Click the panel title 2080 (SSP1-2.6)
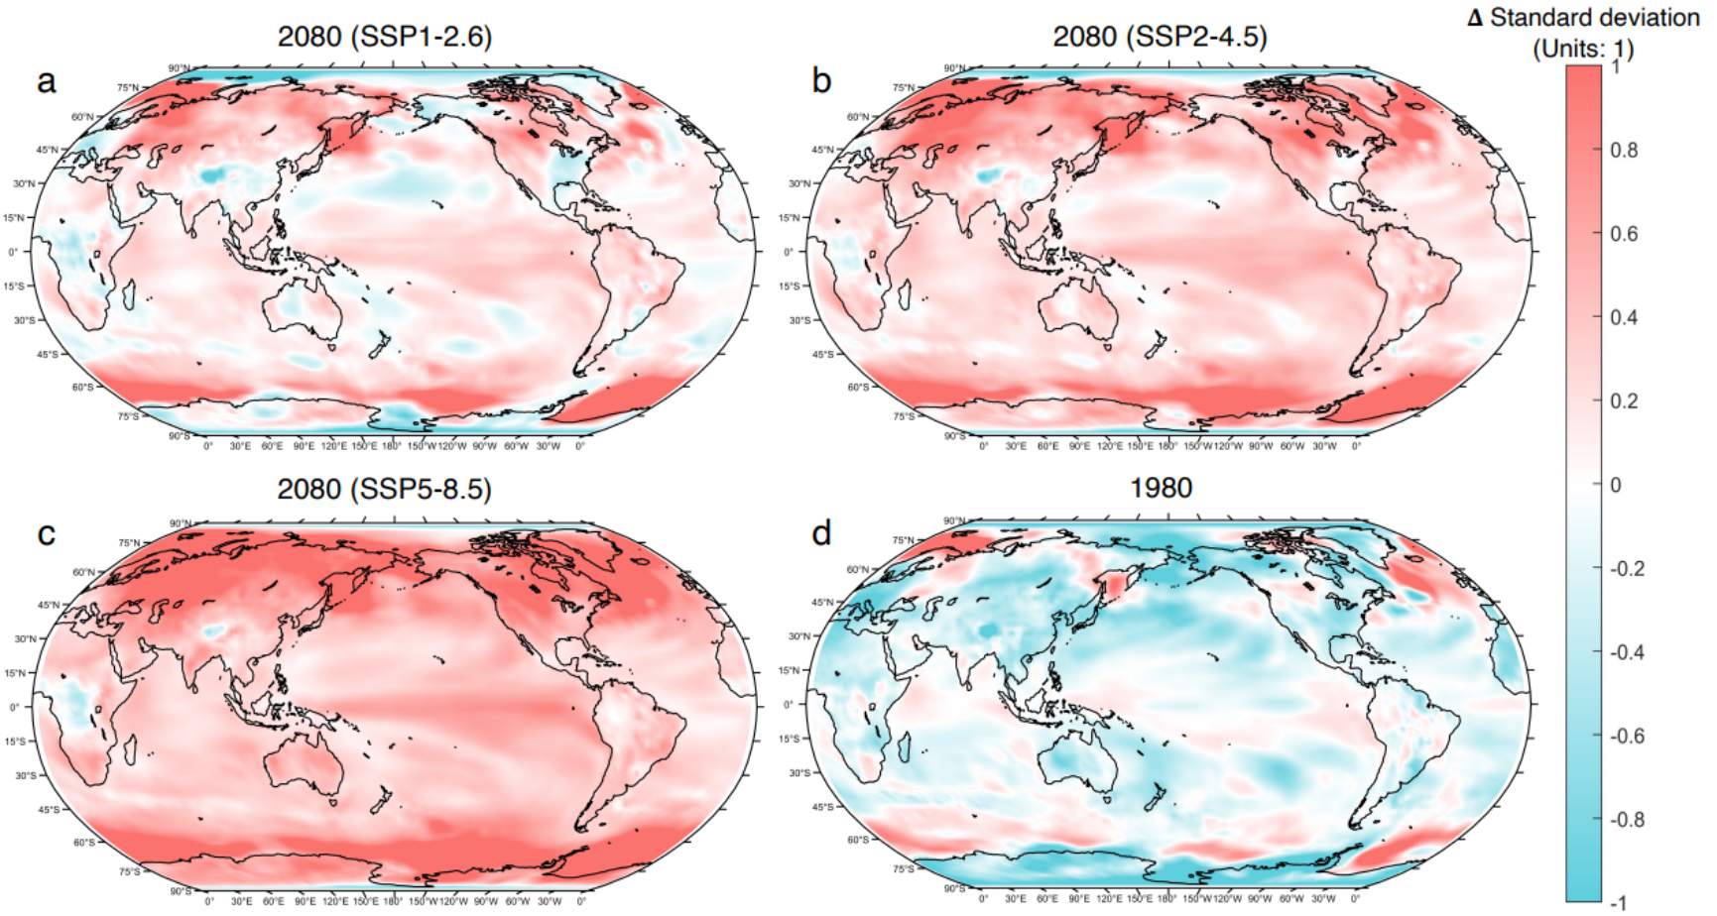click(384, 37)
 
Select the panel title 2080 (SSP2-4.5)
click(1160, 37)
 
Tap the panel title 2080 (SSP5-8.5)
click(384, 489)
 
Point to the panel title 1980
click(1161, 488)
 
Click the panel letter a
click(46, 81)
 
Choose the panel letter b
click(821, 81)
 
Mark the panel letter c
click(46, 534)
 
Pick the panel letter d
click(821, 534)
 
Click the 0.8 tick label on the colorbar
click(1624, 151)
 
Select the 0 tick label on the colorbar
click(1616, 486)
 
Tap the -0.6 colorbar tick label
click(1624, 737)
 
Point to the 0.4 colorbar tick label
click(1624, 318)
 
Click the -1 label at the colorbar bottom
click(1618, 902)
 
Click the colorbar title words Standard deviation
click(1595, 18)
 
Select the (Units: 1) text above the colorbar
click(1583, 48)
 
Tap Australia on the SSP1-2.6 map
click(304, 307)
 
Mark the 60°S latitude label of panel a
click(81, 387)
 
